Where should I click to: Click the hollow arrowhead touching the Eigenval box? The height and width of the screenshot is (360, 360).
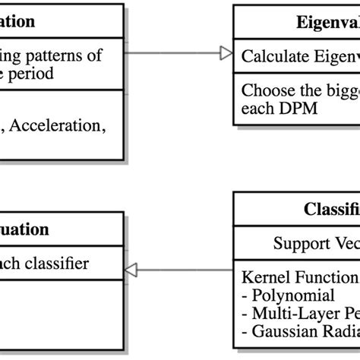pos(225,52)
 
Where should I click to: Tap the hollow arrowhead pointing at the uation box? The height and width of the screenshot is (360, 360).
pos(131,268)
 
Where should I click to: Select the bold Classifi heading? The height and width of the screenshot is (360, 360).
pos(331,209)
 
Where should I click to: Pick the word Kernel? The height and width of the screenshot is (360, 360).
pos(263,276)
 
